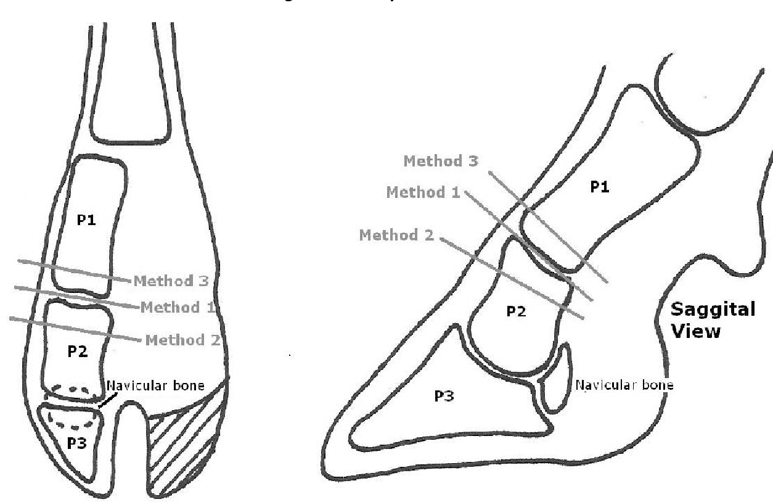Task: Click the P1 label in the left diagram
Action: coord(86,220)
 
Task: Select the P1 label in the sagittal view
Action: coord(600,187)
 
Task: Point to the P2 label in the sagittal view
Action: coord(516,311)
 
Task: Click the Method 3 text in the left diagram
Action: coord(171,281)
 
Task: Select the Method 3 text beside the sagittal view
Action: coord(441,161)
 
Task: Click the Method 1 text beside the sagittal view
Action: coord(423,192)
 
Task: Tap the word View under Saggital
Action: coord(696,332)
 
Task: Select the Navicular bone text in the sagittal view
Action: coord(624,385)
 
